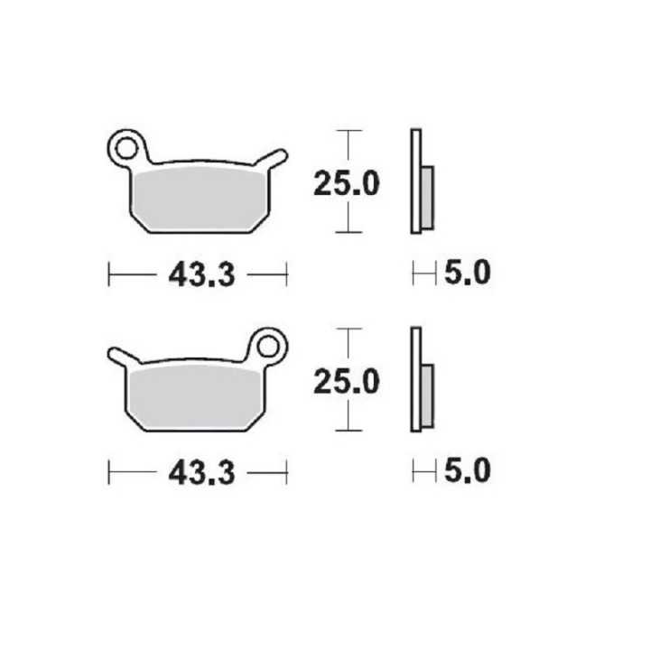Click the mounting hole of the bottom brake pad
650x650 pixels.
[x=268, y=344]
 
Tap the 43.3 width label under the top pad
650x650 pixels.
[x=200, y=274]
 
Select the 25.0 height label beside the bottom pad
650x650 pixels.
[x=346, y=382]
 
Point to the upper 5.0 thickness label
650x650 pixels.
[x=467, y=272]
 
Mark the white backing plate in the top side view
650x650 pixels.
[x=415, y=181]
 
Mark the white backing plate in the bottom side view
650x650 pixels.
[x=415, y=379]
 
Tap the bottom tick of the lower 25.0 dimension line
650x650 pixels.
[x=348, y=430]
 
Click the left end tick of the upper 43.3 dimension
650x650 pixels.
[x=108, y=272]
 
